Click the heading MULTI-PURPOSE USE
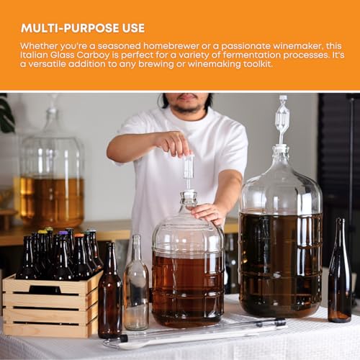(x=83, y=28)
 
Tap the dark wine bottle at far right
(x=339, y=277)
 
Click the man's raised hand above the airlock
(x=173, y=143)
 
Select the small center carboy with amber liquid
(x=188, y=274)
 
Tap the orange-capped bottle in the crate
(x=78, y=256)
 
